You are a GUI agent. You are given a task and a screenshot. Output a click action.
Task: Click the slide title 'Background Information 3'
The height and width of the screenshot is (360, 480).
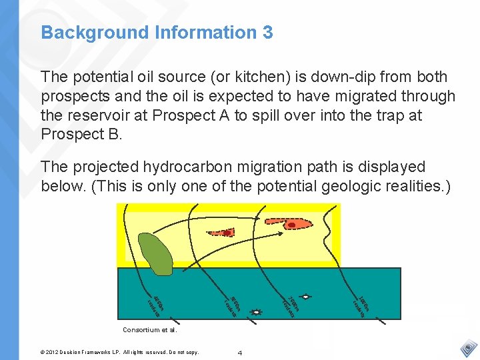[157, 32]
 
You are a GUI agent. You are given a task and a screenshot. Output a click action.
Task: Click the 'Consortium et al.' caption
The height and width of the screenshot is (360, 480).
[150, 329]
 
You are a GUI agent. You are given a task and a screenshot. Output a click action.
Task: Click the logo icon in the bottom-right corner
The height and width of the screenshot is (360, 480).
[469, 348]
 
